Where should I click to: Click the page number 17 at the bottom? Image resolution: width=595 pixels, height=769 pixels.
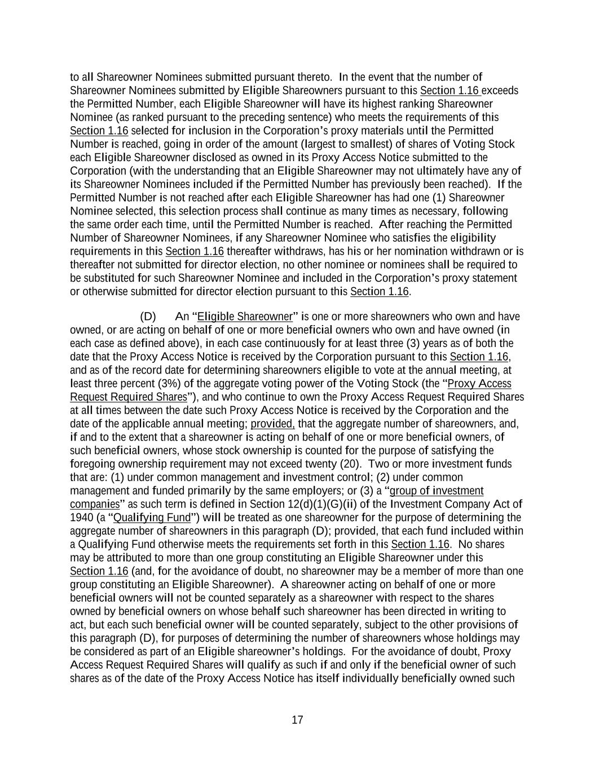(297, 720)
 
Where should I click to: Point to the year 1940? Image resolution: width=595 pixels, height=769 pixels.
(81, 518)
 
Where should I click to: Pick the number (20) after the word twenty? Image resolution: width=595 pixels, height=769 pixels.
(350, 464)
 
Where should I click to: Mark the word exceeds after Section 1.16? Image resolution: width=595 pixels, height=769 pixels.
(500, 91)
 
